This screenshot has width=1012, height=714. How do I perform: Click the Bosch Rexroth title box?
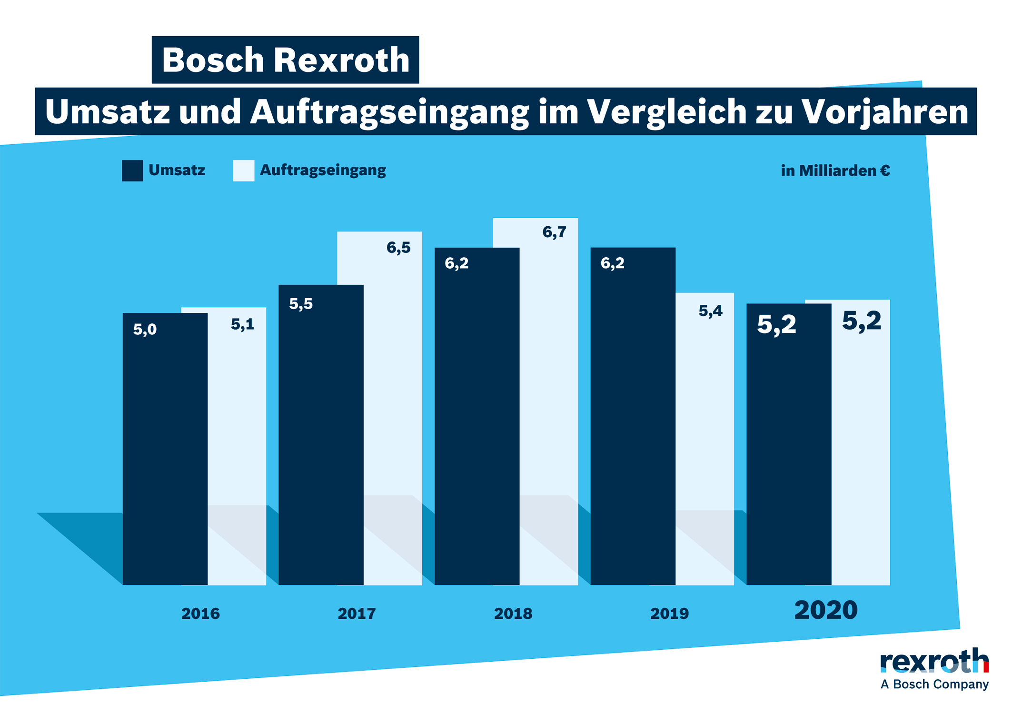click(x=285, y=60)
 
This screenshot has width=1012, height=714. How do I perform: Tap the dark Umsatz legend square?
click(x=132, y=171)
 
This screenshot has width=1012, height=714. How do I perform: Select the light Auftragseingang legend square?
click(x=243, y=171)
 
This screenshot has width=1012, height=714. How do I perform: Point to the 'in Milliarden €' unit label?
click(x=835, y=171)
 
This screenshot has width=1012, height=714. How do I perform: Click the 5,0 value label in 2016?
click(x=145, y=329)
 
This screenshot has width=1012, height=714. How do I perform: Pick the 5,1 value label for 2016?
click(x=242, y=324)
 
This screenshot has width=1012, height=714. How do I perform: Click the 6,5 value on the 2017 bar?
click(x=398, y=247)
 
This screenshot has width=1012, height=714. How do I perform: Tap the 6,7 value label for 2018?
click(x=554, y=232)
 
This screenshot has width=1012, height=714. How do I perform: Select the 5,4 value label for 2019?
click(x=710, y=311)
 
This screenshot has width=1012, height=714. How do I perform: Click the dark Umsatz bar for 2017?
click(x=321, y=438)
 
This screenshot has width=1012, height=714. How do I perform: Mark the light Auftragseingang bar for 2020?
click(x=861, y=453)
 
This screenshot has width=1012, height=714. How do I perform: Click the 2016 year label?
click(x=200, y=613)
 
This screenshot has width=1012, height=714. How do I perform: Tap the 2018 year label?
click(x=513, y=613)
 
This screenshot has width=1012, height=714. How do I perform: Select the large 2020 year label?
click(x=825, y=610)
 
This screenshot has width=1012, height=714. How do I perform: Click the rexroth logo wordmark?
click(x=934, y=661)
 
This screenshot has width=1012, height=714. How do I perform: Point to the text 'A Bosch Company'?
click(x=934, y=684)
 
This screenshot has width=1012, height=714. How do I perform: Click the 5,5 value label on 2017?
click(x=301, y=303)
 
